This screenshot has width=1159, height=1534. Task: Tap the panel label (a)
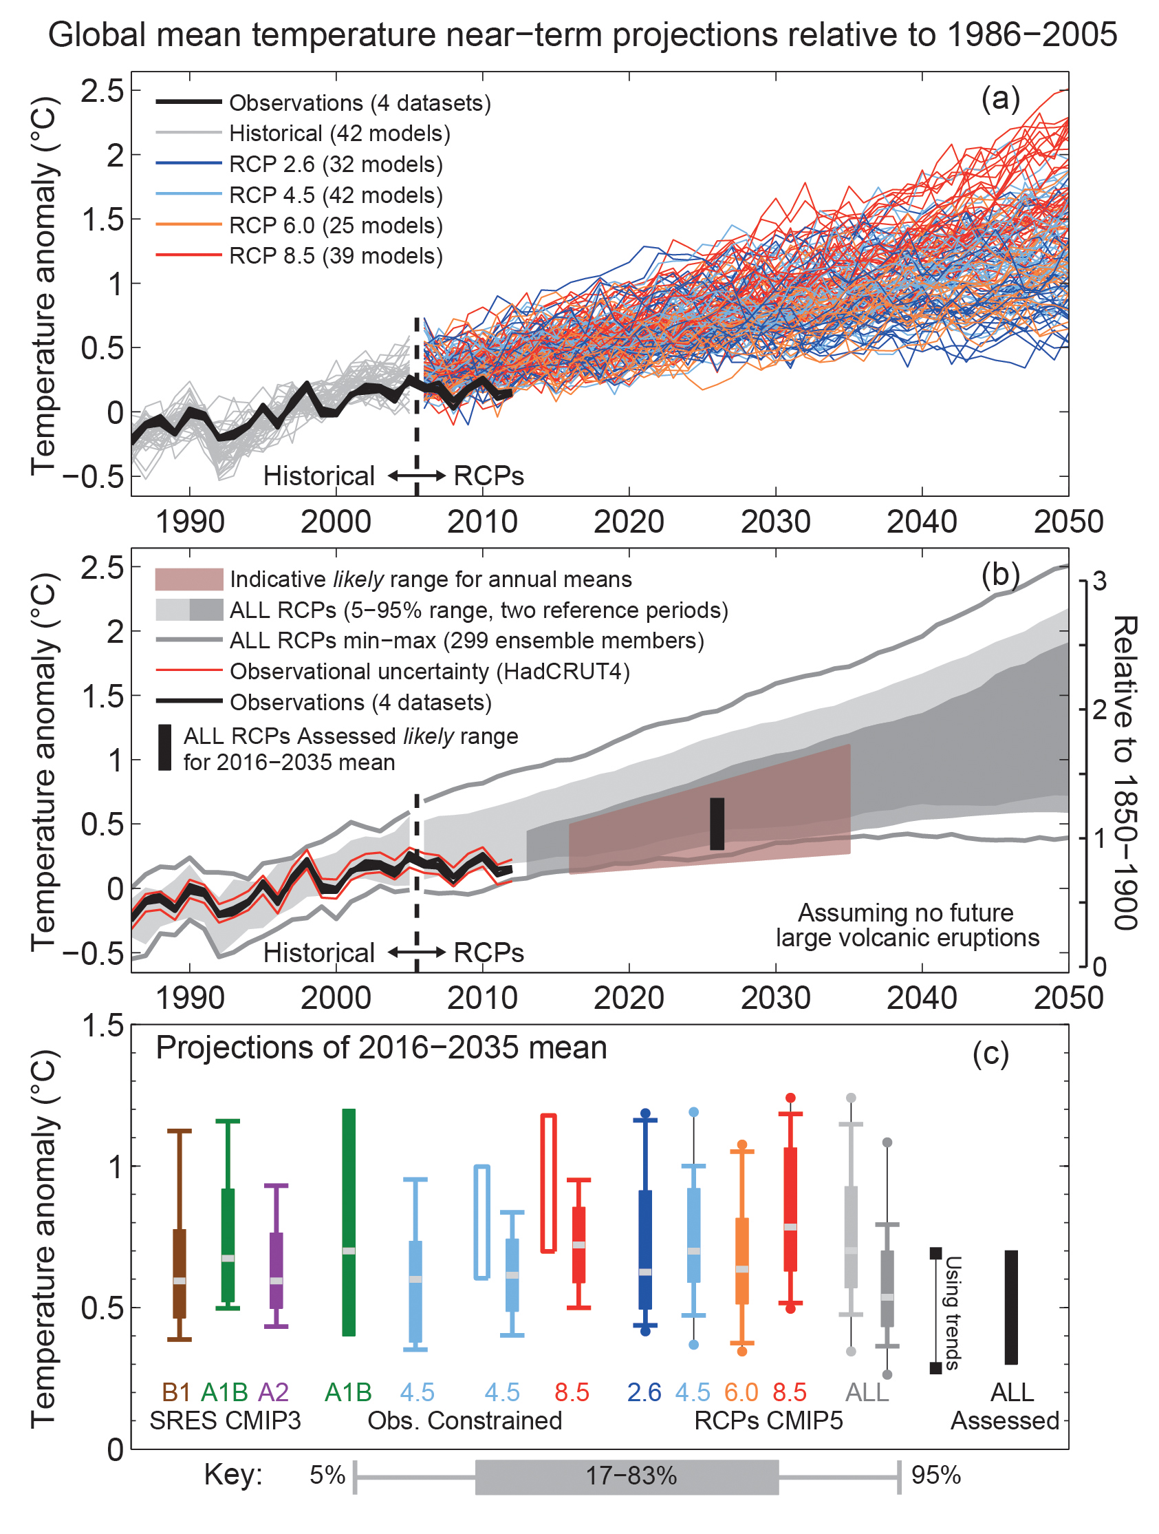(x=999, y=99)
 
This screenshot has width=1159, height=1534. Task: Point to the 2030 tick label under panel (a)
(x=775, y=522)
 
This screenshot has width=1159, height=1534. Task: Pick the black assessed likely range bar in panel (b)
(x=717, y=823)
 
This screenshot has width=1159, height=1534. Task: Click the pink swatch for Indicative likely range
(x=188, y=579)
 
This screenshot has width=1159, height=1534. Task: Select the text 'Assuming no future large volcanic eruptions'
(x=907, y=925)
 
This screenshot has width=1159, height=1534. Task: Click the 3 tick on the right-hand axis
(x=1099, y=580)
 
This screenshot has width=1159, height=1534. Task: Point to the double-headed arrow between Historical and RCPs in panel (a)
(x=416, y=476)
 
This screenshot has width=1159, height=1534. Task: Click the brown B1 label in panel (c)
(x=176, y=1392)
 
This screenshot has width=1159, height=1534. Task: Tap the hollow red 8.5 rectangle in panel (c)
(x=548, y=1183)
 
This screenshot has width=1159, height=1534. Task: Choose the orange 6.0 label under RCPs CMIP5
(x=741, y=1392)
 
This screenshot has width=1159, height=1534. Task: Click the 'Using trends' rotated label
(x=953, y=1313)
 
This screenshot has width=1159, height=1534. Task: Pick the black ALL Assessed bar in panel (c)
(x=1010, y=1307)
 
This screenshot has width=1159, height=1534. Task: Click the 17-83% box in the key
(x=627, y=1476)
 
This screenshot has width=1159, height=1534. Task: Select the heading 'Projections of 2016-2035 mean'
(x=381, y=1047)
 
